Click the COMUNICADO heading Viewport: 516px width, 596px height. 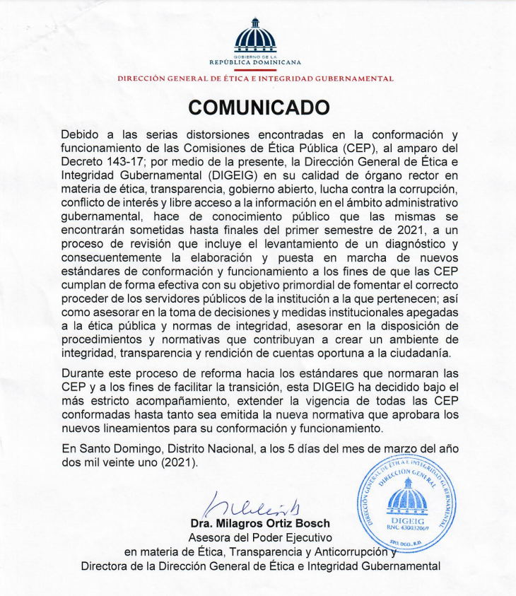[x=259, y=107]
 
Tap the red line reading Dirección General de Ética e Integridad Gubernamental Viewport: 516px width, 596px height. [x=255, y=78]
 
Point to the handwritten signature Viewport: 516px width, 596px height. [x=244, y=506]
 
